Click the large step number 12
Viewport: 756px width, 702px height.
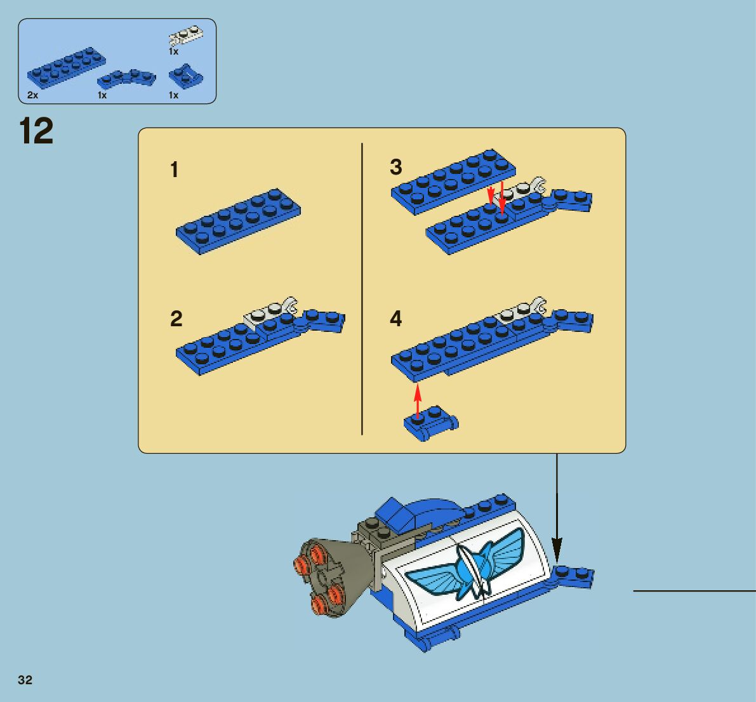click(x=36, y=131)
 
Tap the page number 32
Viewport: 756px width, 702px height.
click(x=25, y=680)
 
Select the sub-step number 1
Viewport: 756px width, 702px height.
click(x=175, y=170)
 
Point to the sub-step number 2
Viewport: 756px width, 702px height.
click(x=176, y=319)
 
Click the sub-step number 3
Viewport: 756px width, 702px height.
click(x=395, y=167)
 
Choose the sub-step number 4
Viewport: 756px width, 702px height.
click(x=395, y=319)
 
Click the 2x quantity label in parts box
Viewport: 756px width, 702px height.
click(x=33, y=95)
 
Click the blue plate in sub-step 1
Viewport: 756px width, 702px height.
click(x=238, y=220)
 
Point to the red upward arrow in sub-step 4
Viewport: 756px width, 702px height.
click(x=417, y=398)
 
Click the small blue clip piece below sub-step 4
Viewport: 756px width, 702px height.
click(x=430, y=422)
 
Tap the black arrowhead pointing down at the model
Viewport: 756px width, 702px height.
click(x=557, y=546)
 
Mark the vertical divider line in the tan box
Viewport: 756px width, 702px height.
click(x=362, y=289)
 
